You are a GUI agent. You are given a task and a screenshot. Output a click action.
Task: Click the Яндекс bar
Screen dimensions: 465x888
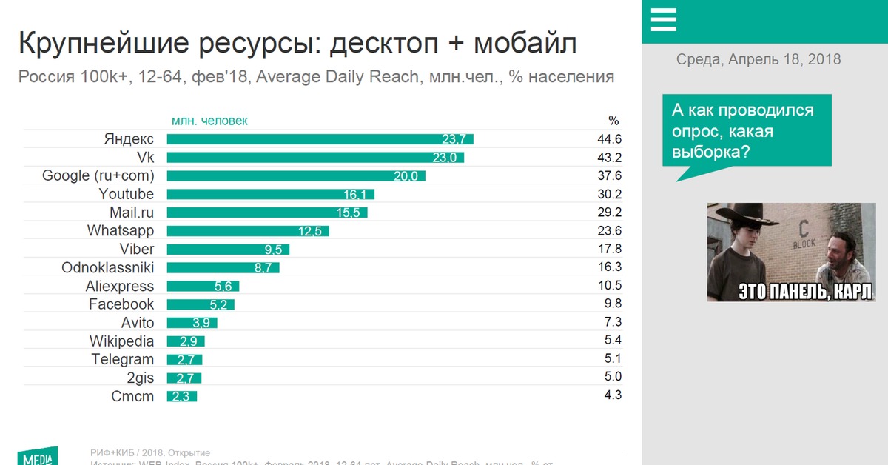pos(320,139)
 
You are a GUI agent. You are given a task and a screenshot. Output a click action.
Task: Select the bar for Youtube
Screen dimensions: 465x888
pos(270,194)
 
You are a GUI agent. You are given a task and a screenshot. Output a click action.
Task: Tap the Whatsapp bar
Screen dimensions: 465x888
pos(247,231)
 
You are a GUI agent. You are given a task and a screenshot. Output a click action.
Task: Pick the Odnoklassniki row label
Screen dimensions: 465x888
pos(108,267)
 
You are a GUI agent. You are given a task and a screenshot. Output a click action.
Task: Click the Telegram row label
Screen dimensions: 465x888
pos(123,359)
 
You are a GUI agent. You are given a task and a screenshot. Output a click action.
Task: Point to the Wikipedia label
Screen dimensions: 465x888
pos(122,341)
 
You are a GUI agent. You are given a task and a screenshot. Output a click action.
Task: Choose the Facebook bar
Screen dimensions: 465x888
pos(201,304)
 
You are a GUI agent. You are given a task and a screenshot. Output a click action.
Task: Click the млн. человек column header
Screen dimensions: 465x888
pos(209,121)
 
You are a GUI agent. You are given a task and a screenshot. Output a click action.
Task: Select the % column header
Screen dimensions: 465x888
pos(613,121)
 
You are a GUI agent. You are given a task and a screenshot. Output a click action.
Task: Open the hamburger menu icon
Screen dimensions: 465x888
pos(664,20)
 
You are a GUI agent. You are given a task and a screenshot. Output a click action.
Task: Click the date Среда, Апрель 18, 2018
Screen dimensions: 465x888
pos(758,59)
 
